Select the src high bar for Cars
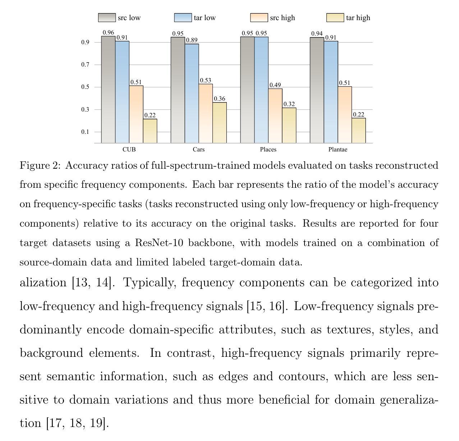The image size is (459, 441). (206, 113)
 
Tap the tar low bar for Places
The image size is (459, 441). (261, 90)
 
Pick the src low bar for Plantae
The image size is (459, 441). (317, 90)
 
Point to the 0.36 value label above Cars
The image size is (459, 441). (219, 99)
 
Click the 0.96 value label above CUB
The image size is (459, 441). (108, 33)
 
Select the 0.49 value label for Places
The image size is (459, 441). (275, 85)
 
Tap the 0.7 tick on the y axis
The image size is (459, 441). (85, 65)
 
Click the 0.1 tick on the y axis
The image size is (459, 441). (85, 132)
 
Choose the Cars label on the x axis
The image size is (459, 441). (198, 150)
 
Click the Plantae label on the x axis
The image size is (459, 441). (338, 150)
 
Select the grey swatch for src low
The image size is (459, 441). (107, 18)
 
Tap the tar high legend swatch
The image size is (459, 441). (335, 18)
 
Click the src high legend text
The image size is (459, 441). (282, 18)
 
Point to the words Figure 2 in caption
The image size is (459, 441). (40, 165)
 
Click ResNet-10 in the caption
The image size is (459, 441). (159, 243)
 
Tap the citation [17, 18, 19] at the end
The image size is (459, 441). (77, 423)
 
